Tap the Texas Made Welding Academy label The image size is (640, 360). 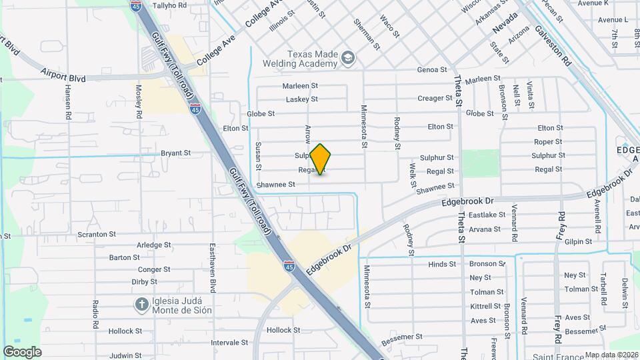312,59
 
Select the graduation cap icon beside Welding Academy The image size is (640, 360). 347,59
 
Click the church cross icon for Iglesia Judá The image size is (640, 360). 141,305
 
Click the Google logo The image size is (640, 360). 22,351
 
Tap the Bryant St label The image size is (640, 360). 176,153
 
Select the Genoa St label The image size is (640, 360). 431,69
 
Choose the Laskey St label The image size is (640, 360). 301,99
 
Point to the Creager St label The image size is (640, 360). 435,98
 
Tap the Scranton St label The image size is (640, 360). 97,235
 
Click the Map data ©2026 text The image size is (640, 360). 609,355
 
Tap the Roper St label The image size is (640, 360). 548,141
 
